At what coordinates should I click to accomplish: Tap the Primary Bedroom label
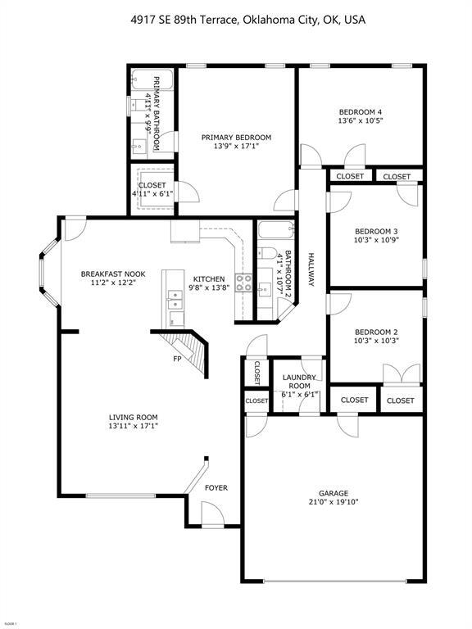point(236,138)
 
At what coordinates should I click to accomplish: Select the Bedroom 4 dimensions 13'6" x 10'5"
point(361,120)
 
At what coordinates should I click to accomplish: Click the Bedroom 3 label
point(376,231)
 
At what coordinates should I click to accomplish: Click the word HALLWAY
point(311,269)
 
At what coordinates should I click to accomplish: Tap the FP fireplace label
point(176,359)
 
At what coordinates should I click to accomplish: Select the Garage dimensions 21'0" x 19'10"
point(334,502)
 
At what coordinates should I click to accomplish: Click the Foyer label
point(216,488)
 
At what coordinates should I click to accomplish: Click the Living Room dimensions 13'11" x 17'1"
point(134,425)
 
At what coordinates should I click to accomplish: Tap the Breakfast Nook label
point(113,274)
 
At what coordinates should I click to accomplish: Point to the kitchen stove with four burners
point(243,284)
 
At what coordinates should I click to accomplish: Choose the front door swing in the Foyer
point(211,514)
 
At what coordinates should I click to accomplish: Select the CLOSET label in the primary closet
point(152,185)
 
